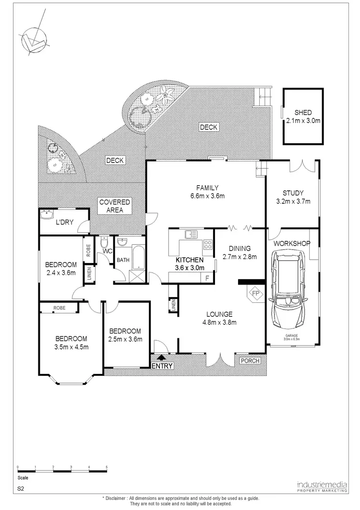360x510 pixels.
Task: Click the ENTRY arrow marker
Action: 160,357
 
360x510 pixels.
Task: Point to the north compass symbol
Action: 31,40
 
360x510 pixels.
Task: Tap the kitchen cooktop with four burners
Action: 208,245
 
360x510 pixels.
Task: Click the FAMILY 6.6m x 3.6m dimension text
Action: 207,196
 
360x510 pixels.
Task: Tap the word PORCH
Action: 250,361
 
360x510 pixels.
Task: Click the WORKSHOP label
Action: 291,244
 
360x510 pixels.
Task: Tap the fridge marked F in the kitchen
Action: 207,277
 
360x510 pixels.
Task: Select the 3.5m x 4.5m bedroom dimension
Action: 71,347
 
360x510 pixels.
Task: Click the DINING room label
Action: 240,249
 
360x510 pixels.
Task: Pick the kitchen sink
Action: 191,234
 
